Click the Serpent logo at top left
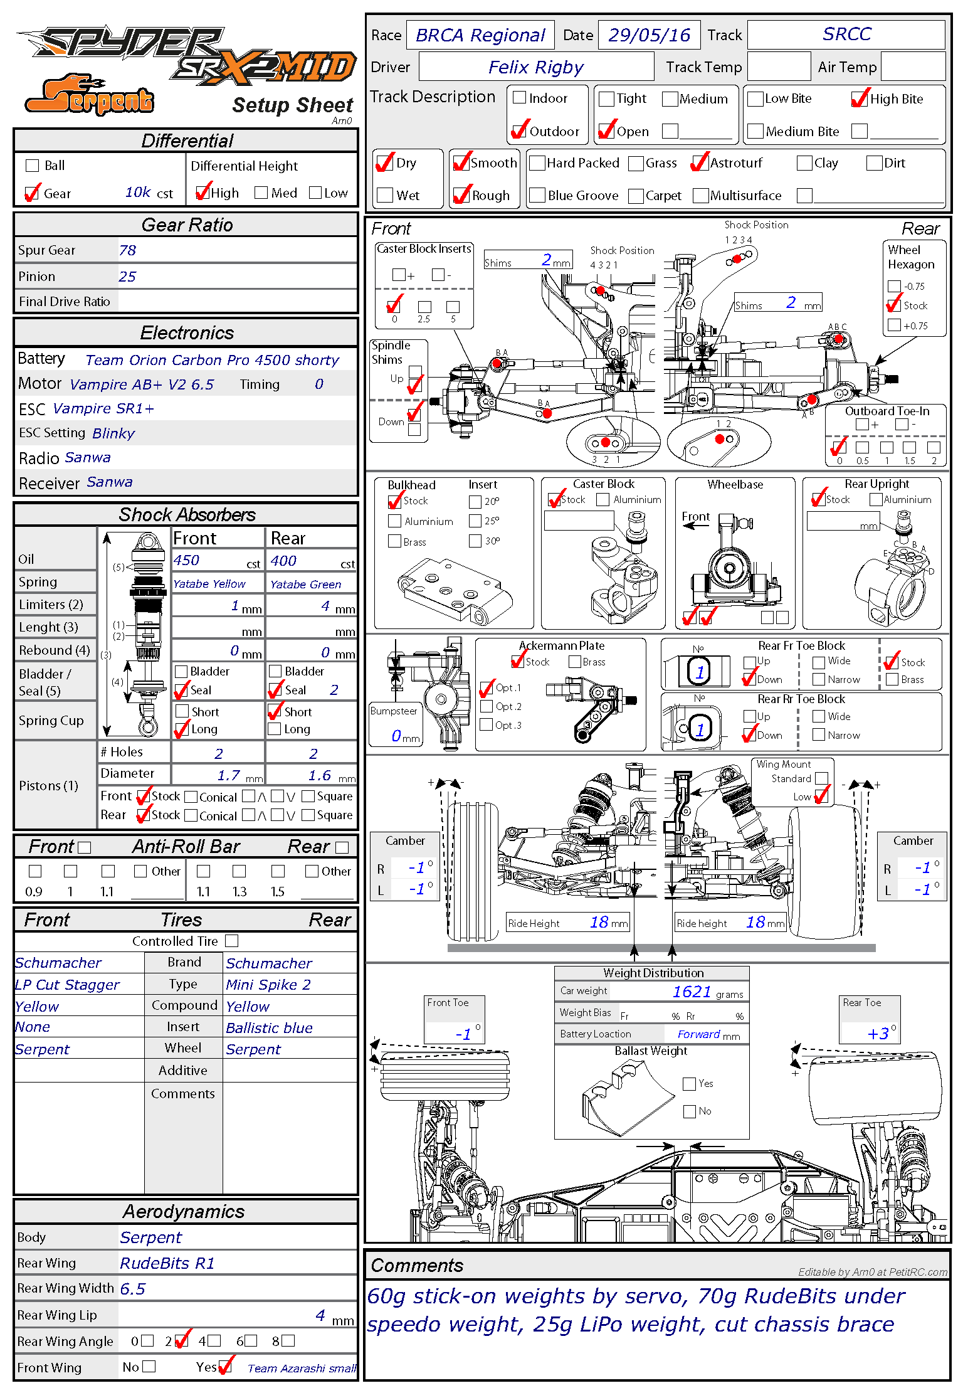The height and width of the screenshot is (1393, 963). click(89, 96)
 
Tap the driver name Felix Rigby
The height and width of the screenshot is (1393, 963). click(535, 67)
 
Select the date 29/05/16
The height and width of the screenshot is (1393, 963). click(649, 35)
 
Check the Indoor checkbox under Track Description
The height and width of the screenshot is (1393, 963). click(519, 98)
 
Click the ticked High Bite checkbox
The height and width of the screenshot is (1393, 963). click(860, 98)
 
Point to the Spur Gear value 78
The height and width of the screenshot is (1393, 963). click(127, 250)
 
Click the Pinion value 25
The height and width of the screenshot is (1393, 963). click(127, 277)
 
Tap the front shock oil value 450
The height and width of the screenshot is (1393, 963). click(186, 560)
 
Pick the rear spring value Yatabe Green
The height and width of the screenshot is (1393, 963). click(305, 584)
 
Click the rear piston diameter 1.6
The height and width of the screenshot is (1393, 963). click(319, 776)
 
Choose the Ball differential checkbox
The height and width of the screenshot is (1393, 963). click(32, 166)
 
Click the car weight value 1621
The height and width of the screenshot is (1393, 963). click(691, 992)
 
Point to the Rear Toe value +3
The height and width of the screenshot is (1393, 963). click(878, 1034)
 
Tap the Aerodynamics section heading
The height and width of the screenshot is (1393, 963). click(184, 1211)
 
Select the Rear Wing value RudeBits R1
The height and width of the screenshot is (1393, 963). click(167, 1263)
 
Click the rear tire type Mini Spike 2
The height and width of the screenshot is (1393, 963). click(268, 985)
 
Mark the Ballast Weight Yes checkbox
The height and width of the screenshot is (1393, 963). click(690, 1084)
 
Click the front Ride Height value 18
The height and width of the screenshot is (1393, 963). click(599, 922)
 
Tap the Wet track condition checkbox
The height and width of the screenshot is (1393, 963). click(385, 196)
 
